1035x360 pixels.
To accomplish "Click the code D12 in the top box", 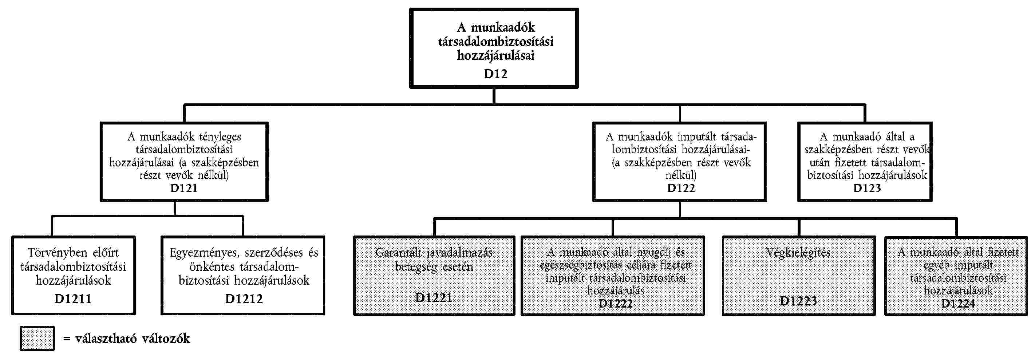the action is point(495,74).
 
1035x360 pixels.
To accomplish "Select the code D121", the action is point(184,189).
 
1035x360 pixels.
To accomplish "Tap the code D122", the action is point(681,189).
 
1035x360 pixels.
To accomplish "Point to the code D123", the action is point(867,189).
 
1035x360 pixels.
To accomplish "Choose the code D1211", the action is point(73,299).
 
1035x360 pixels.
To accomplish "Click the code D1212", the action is point(244,299).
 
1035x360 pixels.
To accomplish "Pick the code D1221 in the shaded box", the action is point(434,298).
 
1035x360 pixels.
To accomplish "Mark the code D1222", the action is point(616,303).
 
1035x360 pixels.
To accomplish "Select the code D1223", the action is point(798,301).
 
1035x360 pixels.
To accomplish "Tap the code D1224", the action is point(958,303).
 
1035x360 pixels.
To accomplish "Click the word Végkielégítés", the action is point(798,253).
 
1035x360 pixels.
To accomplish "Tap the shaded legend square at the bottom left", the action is point(37,338).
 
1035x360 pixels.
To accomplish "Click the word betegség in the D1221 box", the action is point(415,267).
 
